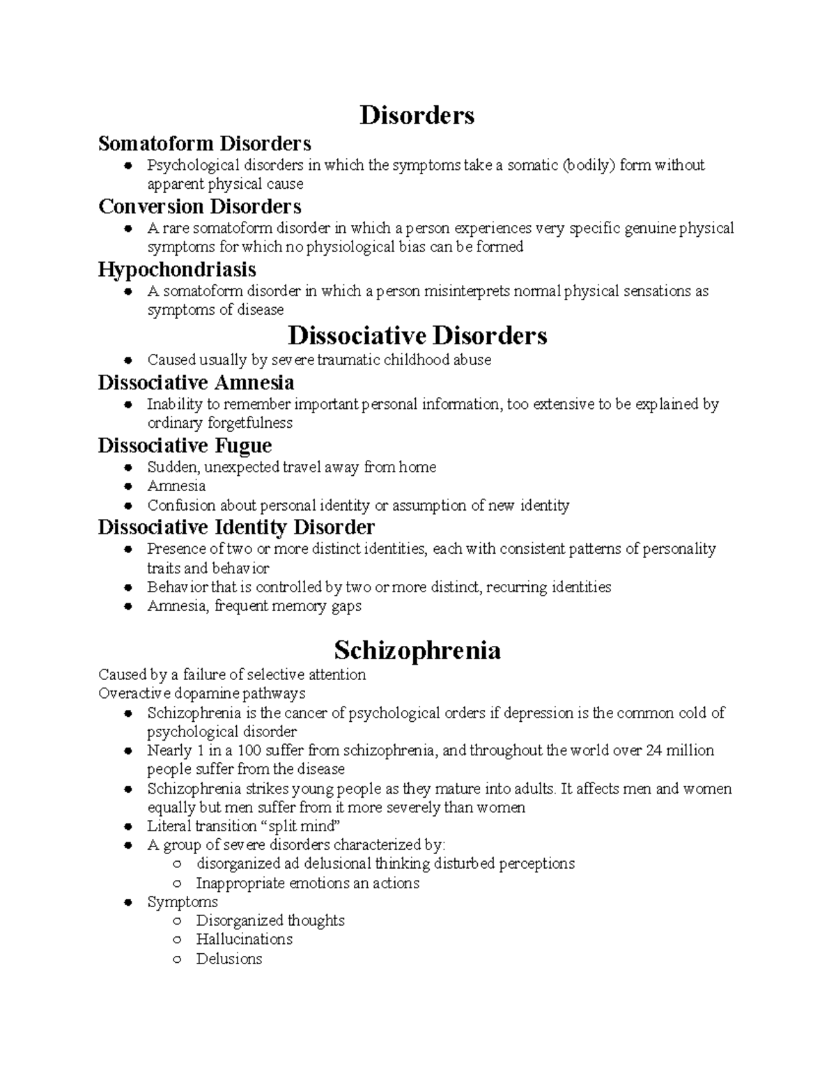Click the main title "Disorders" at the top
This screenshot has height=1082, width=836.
(417, 115)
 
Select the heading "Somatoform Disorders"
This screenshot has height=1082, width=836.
(204, 144)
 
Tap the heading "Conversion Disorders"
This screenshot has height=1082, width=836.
(199, 206)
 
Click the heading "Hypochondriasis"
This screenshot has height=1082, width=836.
(177, 270)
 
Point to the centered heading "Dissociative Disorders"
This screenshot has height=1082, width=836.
(417, 336)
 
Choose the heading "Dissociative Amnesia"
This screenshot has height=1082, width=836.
(196, 382)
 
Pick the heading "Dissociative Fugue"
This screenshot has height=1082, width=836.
(185, 445)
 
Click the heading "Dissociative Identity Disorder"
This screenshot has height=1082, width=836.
(236, 527)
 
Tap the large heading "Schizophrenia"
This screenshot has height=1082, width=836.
(417, 650)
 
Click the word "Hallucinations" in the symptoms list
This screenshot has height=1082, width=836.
(244, 939)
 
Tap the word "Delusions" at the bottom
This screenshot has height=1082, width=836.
(229, 959)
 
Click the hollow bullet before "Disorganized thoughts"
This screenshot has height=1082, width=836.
(178, 921)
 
